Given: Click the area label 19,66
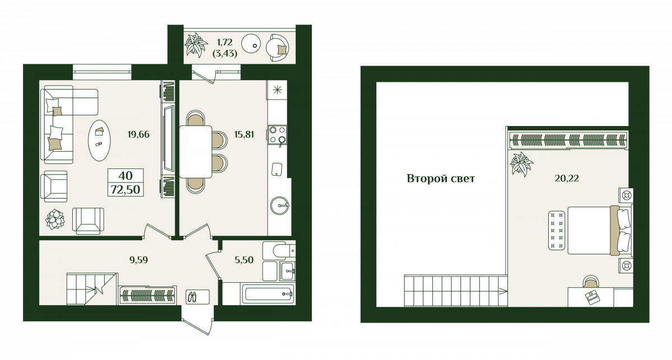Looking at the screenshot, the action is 138,134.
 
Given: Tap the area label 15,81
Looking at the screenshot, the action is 244,134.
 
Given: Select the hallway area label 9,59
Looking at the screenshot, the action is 139,260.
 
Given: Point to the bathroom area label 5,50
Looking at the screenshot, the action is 244,260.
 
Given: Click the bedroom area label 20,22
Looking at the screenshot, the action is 567,179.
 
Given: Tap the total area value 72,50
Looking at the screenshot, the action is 125,190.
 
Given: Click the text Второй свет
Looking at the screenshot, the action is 441,179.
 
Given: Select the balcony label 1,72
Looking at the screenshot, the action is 225,43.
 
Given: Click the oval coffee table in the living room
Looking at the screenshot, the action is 99,141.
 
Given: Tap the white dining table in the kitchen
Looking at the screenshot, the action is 195,152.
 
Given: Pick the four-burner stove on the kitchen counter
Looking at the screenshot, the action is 277,135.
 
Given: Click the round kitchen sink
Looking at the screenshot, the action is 279,205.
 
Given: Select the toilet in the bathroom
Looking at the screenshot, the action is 279,250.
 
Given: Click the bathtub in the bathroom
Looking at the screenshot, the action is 268,294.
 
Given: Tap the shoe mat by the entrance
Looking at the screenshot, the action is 197,297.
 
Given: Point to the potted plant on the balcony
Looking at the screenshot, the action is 195,45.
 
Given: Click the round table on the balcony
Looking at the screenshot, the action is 251,44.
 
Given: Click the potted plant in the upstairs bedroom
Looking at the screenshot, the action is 521,165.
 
